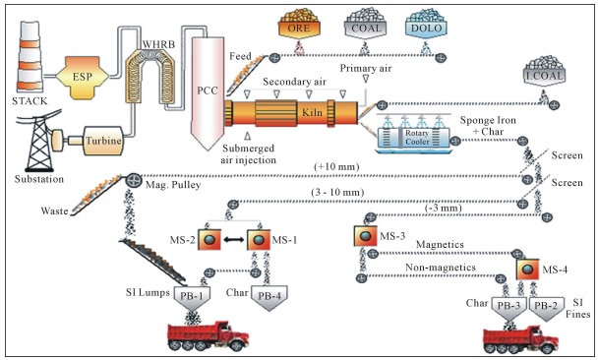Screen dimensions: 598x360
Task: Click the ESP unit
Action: [83, 78]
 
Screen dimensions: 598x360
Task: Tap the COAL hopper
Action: [366, 24]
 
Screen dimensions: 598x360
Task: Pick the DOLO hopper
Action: [427, 24]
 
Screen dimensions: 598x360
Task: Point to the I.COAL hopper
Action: [544, 72]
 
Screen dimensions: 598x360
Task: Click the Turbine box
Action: [103, 141]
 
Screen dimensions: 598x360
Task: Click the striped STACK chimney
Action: [30, 56]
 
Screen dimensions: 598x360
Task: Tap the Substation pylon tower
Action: [39, 141]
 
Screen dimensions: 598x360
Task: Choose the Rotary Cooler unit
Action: [414, 138]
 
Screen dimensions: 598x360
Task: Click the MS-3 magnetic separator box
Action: [365, 236]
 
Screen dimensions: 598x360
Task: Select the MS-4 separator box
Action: [528, 270]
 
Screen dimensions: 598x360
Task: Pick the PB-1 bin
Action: [192, 298]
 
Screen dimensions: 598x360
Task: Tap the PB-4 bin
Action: [269, 298]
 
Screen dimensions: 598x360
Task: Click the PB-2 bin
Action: [545, 308]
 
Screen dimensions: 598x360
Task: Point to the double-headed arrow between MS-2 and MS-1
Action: [234, 240]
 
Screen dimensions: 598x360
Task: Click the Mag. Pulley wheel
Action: [134, 180]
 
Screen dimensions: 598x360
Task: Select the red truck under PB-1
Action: [209, 336]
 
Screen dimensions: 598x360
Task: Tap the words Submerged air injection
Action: [248, 154]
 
